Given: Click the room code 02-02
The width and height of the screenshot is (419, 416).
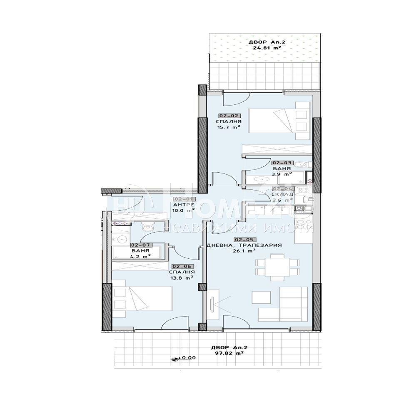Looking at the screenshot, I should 228,116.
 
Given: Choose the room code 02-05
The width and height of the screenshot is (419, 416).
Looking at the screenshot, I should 244,239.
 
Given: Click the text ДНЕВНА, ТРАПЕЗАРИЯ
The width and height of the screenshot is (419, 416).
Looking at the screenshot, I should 244,245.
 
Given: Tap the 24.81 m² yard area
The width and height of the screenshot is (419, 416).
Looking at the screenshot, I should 267,47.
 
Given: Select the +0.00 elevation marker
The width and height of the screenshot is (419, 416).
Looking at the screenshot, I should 183,357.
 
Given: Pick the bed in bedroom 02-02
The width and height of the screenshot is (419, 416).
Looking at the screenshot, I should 273,121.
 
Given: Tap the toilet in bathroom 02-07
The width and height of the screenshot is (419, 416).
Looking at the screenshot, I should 147,228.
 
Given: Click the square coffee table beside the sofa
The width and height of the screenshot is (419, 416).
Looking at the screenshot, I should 262,298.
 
